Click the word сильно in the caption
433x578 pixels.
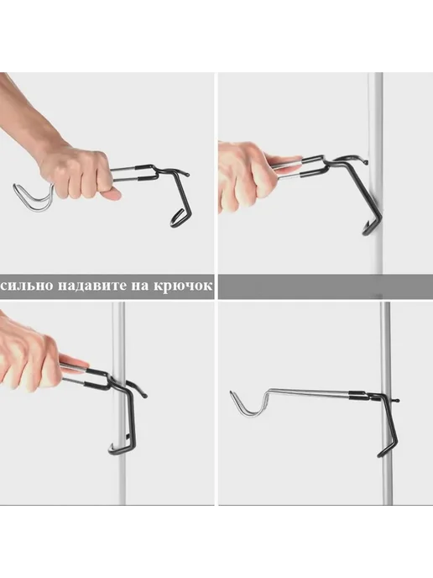coord(27,286)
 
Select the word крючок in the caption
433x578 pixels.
coord(182,286)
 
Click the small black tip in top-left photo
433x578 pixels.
coord(187,174)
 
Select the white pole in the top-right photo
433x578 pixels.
coord(376,173)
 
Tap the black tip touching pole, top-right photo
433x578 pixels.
coord(365,161)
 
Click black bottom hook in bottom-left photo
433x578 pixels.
coord(122,449)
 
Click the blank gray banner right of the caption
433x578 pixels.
coord(326,286)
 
